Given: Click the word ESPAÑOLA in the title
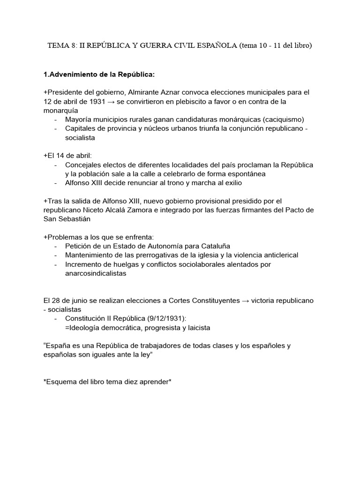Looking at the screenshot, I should click(215, 45).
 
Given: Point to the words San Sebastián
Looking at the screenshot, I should click(67, 219).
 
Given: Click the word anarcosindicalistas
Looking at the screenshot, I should click(96, 273).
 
